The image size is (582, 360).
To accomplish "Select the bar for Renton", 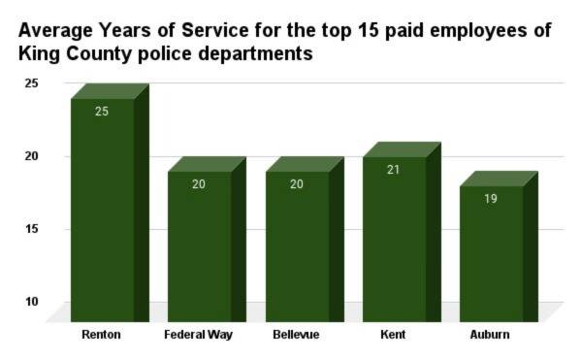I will pyautogui.click(x=103, y=209).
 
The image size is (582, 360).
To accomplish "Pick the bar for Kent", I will pyautogui.click(x=394, y=238).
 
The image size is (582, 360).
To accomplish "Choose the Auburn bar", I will pyautogui.click(x=491, y=252).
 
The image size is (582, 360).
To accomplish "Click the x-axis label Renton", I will pyautogui.click(x=102, y=335).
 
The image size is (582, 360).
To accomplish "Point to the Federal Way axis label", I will pyautogui.click(x=199, y=335).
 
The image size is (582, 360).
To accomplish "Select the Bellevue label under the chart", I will pyautogui.click(x=296, y=335).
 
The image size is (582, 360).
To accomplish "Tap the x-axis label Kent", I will pyautogui.click(x=394, y=335).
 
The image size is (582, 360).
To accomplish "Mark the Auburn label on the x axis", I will pyautogui.click(x=491, y=335).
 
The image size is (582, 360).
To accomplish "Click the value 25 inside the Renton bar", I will pyautogui.click(x=103, y=111).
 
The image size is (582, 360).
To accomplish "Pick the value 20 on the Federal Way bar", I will pyautogui.click(x=200, y=183).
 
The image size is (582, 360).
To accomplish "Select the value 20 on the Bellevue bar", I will pyautogui.click(x=297, y=183).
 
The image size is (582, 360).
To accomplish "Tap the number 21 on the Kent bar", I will pyautogui.click(x=394, y=169).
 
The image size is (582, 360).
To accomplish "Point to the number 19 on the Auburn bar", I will pyautogui.click(x=491, y=198).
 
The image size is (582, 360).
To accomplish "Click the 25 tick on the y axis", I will pyautogui.click(x=31, y=83).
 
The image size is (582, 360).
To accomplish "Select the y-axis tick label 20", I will pyautogui.click(x=31, y=156).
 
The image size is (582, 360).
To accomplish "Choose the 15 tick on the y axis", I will pyautogui.click(x=31, y=229).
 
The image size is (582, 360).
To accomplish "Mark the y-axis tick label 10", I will pyautogui.click(x=31, y=302).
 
